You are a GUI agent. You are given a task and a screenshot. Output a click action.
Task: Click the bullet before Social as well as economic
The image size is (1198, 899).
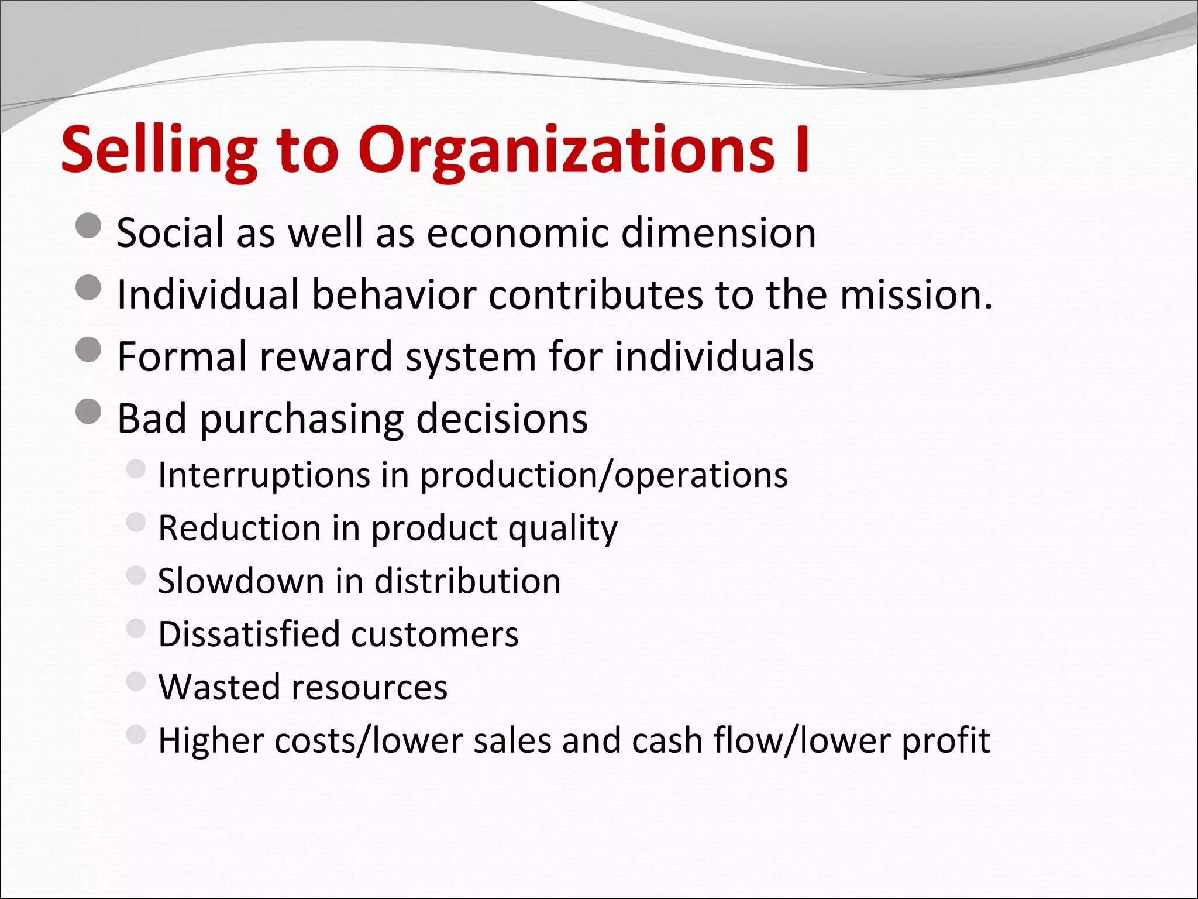[x=89, y=226]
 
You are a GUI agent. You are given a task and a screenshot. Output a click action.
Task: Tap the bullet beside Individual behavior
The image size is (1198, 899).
[x=89, y=287]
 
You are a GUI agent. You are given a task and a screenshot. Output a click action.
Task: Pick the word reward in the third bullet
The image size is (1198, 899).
[x=325, y=356]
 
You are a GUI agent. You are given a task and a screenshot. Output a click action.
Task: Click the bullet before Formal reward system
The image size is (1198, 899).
[x=89, y=349]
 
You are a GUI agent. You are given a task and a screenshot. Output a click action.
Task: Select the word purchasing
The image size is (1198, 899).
[x=301, y=419]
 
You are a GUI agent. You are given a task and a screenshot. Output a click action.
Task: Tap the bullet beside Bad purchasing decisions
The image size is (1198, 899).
[x=89, y=411]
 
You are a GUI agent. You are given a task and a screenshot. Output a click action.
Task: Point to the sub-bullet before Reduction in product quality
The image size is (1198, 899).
[x=136, y=521]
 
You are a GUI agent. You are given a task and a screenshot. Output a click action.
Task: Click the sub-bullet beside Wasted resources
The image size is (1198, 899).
[x=136, y=681]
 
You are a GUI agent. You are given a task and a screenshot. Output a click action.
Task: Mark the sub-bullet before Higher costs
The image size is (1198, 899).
[x=136, y=734]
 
